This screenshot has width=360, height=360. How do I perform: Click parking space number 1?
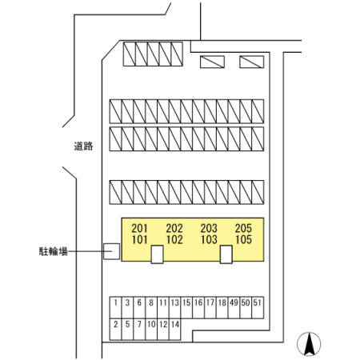coord(115,307)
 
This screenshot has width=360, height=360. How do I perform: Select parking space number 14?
coord(175,330)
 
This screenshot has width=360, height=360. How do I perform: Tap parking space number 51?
coord(258,307)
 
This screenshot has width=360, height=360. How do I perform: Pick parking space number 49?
coord(234,307)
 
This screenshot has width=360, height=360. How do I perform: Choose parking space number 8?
coord(151,307)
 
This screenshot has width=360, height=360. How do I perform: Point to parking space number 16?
coord(198,307)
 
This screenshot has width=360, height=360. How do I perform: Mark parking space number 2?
coord(115,330)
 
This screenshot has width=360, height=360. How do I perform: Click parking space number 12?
coord(163,330)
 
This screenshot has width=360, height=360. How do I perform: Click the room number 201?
coord(139,228)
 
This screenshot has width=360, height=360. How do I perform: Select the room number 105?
coord(243,239)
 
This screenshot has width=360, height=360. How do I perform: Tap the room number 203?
coord(209,228)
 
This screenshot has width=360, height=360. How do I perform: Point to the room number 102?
coord(174,239)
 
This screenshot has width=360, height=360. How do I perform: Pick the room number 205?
coord(243,228)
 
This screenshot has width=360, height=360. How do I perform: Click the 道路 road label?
coord(83,146)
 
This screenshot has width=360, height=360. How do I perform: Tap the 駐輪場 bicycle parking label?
coord(54,251)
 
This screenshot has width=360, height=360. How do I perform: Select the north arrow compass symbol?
coord(309,344)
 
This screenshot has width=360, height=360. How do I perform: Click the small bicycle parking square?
coord(111,251)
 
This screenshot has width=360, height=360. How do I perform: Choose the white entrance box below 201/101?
coord(157,254)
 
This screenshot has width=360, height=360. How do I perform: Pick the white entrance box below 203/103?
coord(226,254)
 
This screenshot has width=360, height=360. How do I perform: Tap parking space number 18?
coord(222,307)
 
